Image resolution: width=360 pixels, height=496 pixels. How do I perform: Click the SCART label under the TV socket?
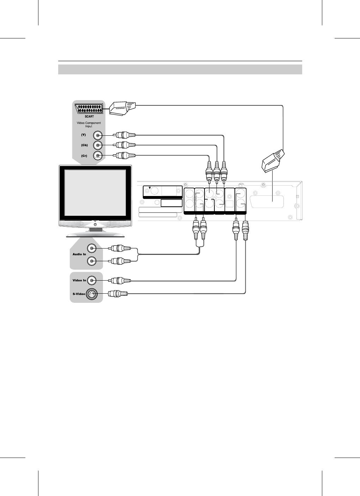(x=89, y=116)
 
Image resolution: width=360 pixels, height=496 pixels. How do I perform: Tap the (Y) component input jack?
(x=97, y=135)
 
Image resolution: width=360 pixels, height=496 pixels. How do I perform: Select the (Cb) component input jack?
(x=97, y=145)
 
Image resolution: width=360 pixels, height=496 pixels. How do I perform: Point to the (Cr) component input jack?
(x=97, y=155)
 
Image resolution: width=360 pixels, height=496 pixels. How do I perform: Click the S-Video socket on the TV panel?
(x=91, y=293)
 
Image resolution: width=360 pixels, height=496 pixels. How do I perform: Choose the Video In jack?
(x=92, y=281)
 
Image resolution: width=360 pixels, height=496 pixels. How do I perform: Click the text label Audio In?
(x=79, y=254)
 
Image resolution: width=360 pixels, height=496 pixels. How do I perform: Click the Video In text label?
(x=79, y=281)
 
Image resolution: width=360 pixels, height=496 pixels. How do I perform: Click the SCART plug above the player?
(x=273, y=161)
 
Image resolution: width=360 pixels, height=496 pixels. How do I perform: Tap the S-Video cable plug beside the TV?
(x=118, y=293)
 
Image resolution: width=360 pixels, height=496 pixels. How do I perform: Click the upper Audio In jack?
(x=92, y=249)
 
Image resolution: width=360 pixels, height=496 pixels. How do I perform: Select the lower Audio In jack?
(x=92, y=261)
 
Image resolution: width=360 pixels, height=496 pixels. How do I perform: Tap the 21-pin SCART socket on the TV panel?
(x=89, y=108)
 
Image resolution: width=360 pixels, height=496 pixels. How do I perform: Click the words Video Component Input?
(x=89, y=124)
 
